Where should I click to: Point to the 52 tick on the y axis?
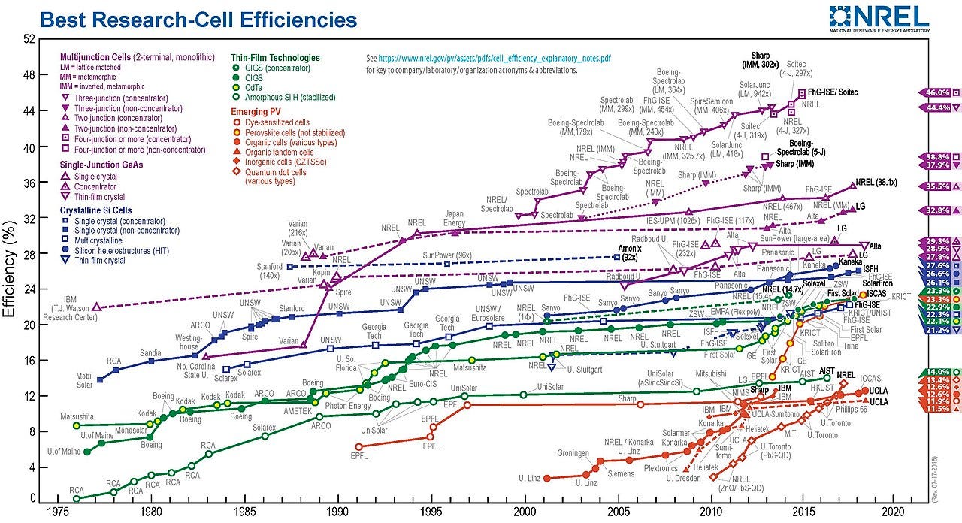(29, 40)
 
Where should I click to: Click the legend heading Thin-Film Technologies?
(275, 58)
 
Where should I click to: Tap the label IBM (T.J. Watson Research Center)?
(64, 312)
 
